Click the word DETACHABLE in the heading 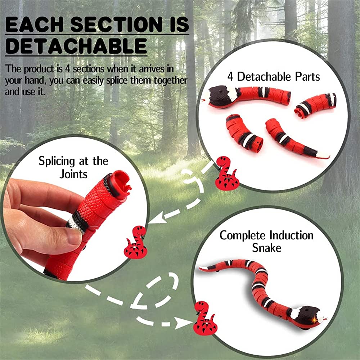(x=76, y=46)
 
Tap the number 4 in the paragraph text (x=67, y=69)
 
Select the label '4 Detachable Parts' (x=274, y=76)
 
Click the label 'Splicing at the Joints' (x=73, y=167)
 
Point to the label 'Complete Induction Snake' (x=266, y=242)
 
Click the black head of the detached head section (x=220, y=96)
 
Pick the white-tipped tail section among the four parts (x=296, y=139)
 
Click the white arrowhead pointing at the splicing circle (x=157, y=218)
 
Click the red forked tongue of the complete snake (x=325, y=319)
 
